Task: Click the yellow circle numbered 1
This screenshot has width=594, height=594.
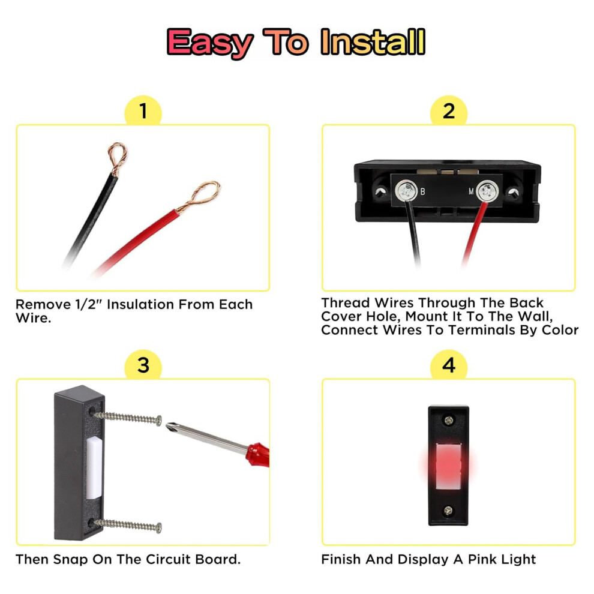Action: (143, 111)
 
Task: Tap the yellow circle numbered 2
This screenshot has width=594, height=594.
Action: (449, 111)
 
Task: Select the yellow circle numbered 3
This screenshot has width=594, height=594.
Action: (143, 365)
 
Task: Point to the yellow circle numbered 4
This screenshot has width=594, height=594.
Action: (449, 365)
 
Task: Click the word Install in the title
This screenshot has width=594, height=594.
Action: (373, 42)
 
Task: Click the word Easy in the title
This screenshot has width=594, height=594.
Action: (210, 44)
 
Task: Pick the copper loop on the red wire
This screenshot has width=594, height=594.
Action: (199, 196)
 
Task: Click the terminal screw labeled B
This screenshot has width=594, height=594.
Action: (406, 191)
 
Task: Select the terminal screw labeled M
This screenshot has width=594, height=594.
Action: (487, 191)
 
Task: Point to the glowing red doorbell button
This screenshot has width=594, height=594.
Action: (449, 466)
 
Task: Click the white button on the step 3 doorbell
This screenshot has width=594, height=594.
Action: (94, 468)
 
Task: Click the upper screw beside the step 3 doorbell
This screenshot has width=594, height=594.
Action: (128, 418)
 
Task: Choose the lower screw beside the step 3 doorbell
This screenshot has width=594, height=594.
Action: (128, 525)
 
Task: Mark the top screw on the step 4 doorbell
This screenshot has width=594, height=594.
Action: (449, 420)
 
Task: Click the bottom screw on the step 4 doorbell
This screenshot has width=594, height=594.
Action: (448, 510)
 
